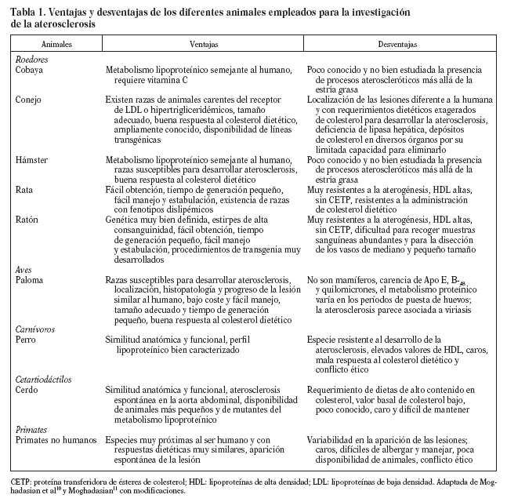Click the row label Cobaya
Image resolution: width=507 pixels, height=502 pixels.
(x=29, y=70)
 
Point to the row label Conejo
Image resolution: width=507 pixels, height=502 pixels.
(x=29, y=100)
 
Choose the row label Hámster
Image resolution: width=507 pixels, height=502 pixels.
(x=32, y=160)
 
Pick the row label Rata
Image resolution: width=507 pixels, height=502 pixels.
(x=24, y=190)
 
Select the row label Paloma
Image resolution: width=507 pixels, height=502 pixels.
(x=29, y=280)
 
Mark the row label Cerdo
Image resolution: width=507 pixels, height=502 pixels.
(x=27, y=390)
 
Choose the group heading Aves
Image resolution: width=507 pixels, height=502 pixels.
(x=24, y=269)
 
